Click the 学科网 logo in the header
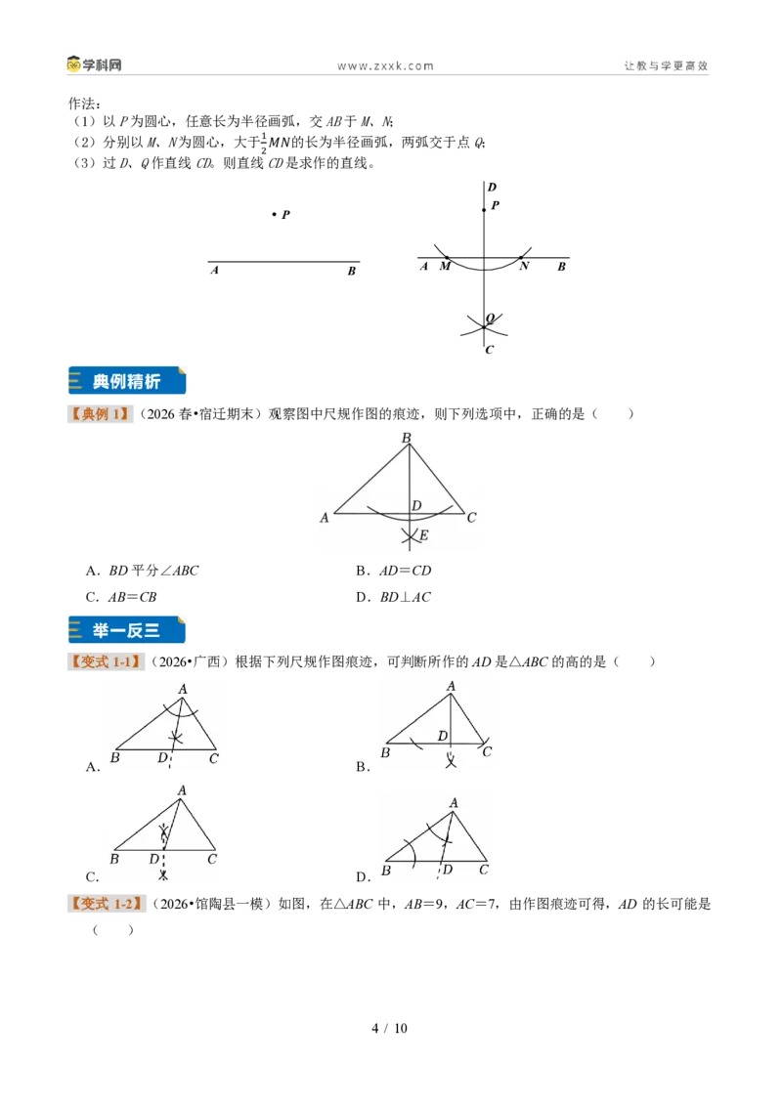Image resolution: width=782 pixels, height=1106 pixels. coord(95,64)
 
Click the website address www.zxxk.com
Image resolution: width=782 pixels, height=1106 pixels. coord(385,66)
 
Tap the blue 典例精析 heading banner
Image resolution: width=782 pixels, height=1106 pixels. coord(127,381)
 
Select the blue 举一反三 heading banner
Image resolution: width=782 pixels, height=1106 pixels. coord(127,630)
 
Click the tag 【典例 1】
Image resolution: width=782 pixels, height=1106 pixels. coord(101,414)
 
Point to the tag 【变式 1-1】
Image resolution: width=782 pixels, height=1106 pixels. coord(106,661)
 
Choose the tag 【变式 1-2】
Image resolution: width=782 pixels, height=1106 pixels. coord(107,904)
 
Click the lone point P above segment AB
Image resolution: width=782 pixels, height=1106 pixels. coord(274,214)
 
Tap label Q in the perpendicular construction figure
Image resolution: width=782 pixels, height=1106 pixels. coord(490,319)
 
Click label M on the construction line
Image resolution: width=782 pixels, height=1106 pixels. coord(445,267)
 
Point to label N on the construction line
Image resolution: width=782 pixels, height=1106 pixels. coord(524,267)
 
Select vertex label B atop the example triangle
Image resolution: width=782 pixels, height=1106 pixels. coord(407,438)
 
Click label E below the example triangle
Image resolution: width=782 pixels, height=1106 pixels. coord(423,535)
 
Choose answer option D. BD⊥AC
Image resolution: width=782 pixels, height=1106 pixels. coord(393,597)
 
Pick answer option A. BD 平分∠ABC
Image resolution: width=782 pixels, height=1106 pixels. coord(142,571)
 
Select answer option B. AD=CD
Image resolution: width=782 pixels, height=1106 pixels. coord(393,571)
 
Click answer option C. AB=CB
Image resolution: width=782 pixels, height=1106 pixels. coord(120,597)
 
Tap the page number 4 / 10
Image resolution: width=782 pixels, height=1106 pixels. coord(390,1029)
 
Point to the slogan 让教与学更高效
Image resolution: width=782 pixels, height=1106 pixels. coord(666,65)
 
